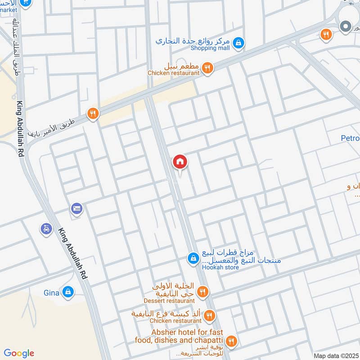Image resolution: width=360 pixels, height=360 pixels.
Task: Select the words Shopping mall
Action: tap(210, 48)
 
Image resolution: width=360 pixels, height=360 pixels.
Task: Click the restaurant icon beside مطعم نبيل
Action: tap(207, 68)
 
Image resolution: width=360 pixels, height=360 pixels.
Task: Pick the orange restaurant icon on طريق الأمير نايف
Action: tap(93, 113)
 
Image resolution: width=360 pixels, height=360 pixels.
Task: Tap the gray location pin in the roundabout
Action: tap(346, 27)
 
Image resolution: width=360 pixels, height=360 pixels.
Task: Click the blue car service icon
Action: tap(46, 229)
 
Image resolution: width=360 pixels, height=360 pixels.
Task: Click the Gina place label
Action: tap(51, 293)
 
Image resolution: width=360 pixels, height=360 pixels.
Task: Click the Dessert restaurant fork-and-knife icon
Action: tap(202, 292)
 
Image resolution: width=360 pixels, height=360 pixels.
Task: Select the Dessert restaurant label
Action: tap(169, 301)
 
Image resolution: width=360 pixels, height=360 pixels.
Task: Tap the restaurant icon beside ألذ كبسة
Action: tap(209, 316)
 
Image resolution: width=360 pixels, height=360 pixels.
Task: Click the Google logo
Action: tap(19, 353)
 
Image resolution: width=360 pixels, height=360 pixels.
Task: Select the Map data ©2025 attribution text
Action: tap(335, 355)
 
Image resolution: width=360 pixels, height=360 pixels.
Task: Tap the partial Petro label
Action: tap(350, 138)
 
